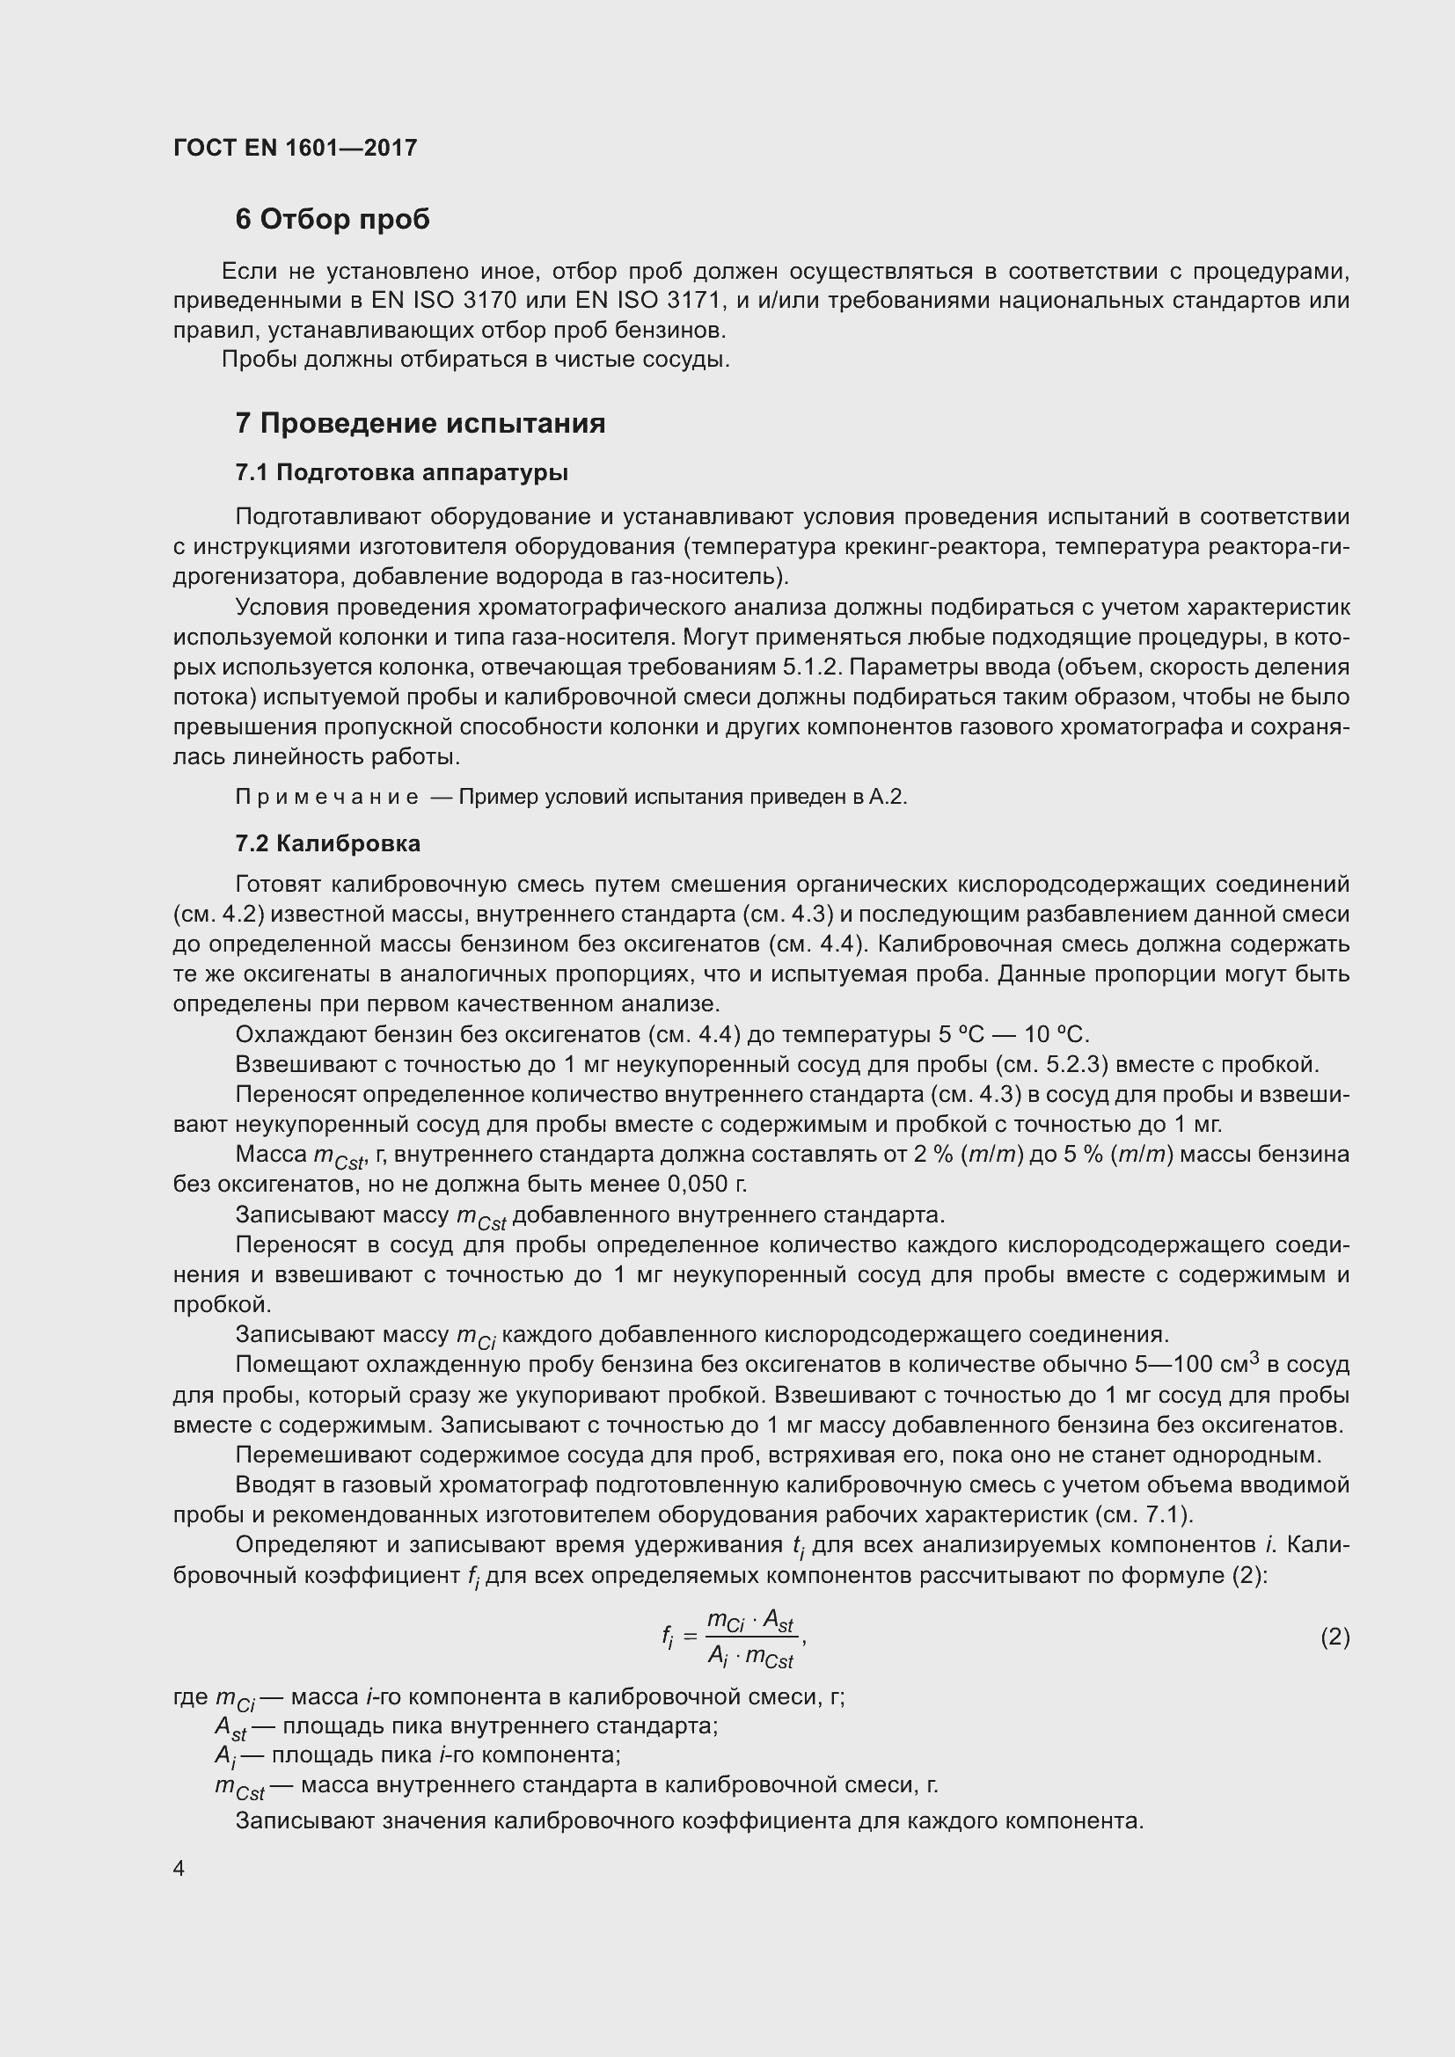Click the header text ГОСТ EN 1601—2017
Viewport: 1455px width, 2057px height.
pos(295,148)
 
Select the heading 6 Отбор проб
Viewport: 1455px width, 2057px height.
pos(333,220)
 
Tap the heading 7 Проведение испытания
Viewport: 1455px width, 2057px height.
pos(420,423)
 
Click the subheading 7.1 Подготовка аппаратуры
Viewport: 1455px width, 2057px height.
pos(401,472)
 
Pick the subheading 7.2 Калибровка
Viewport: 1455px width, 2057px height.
pos(327,843)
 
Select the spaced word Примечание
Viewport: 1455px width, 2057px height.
pos(326,798)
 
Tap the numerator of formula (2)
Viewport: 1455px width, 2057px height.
pos(749,1621)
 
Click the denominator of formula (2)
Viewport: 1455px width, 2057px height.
pos(749,1658)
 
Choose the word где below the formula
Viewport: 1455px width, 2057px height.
pos(191,1696)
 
